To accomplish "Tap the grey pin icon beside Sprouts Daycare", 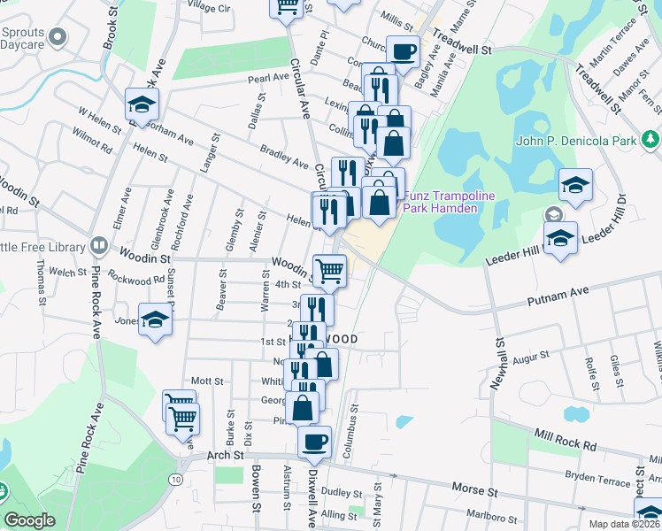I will click(x=58, y=37).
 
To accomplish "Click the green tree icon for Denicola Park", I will click(x=650, y=140).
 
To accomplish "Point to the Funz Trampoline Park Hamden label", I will click(x=441, y=202).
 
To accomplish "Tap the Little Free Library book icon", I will click(x=99, y=245).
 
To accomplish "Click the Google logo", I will click(x=29, y=520).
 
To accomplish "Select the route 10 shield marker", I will click(x=177, y=479).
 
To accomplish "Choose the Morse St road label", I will click(x=468, y=489).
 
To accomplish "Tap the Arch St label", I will click(x=225, y=454).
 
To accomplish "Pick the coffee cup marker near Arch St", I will click(x=313, y=441).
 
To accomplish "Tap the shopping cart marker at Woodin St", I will click(x=329, y=269).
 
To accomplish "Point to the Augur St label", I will click(x=531, y=356).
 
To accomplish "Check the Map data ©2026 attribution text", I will click(x=625, y=524).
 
